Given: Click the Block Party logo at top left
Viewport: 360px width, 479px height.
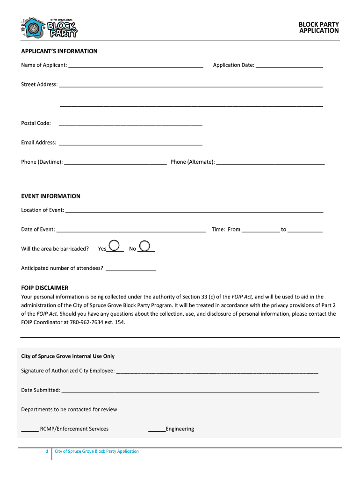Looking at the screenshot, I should pos(50,29).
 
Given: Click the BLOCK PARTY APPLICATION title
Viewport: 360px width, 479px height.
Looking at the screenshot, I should pos(319,28).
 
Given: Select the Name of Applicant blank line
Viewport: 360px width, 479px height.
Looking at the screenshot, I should pos(136,66).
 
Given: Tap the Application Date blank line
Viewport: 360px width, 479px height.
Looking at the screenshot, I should pos(289,66).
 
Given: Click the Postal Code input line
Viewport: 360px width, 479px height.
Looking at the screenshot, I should pos(130,124).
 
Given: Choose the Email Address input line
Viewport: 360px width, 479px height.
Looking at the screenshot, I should pos(130,143).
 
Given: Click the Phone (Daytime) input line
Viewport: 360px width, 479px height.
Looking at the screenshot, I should pos(115,163).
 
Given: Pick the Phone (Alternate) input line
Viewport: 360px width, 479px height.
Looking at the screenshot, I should pos(270,163).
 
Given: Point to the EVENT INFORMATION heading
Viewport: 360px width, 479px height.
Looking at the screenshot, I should pos(50,196).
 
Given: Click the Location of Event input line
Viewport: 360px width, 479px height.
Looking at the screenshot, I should pos(194,211).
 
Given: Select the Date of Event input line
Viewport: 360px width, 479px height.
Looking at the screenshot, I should pos(131,230).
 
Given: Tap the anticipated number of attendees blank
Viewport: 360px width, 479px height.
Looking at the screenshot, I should pos(131,269).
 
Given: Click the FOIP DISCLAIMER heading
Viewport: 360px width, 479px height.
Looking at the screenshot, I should pos(44,288).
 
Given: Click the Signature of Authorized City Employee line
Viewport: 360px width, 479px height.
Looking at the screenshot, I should pos(217,371).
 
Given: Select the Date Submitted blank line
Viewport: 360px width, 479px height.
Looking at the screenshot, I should pos(190,391).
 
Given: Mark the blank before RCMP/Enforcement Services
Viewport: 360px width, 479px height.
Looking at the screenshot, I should pos(30,429).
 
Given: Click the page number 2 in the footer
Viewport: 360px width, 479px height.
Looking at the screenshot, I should pos(47,451).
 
